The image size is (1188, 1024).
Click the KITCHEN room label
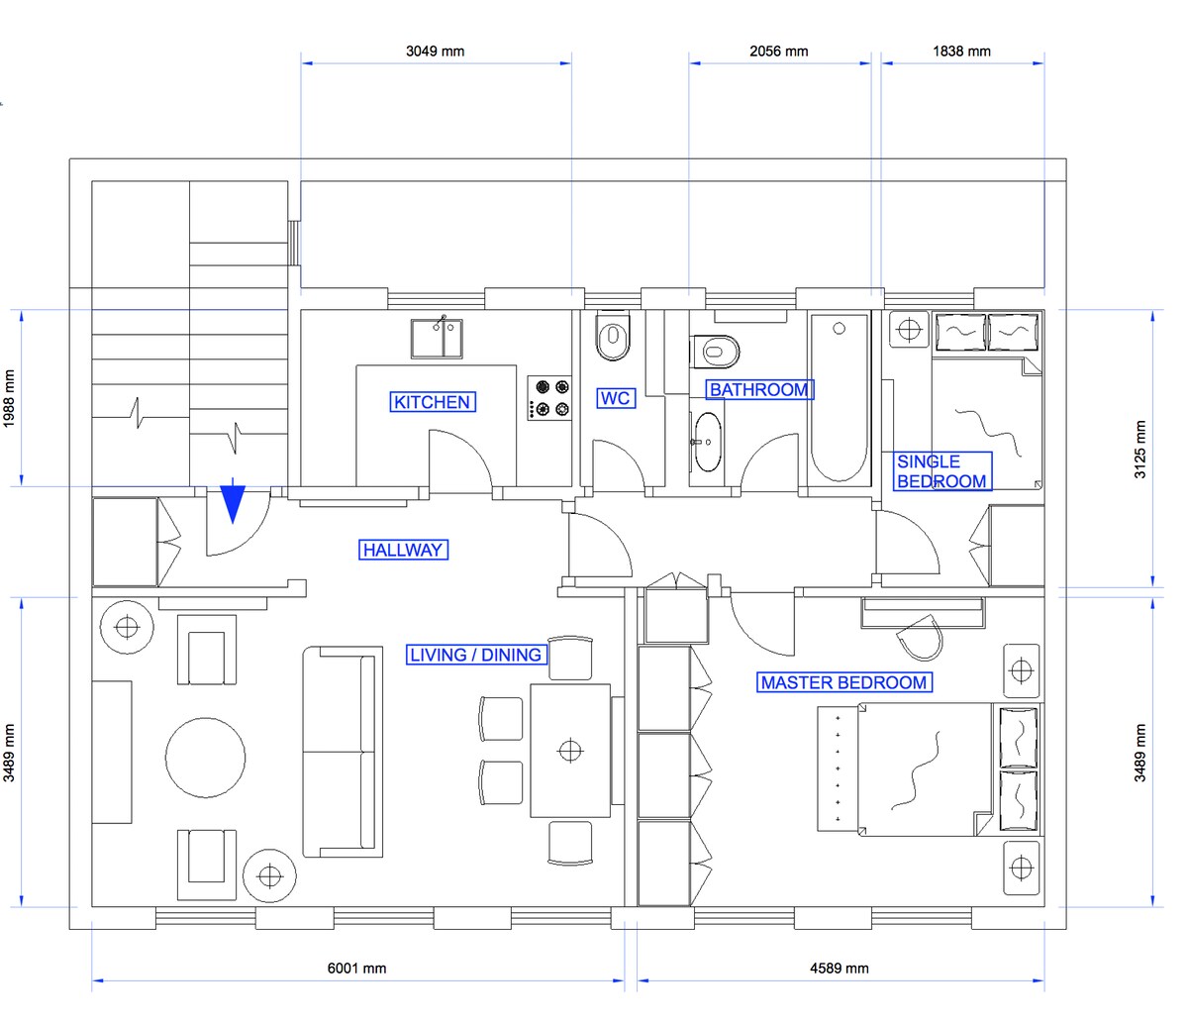(x=433, y=402)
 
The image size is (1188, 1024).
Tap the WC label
(x=616, y=398)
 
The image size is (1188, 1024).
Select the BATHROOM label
(x=759, y=389)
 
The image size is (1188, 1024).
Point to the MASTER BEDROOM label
(x=843, y=682)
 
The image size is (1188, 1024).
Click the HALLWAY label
(x=403, y=551)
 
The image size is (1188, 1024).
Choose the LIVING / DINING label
(x=476, y=655)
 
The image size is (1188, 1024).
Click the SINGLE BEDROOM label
(x=942, y=471)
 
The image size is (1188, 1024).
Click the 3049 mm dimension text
(x=435, y=51)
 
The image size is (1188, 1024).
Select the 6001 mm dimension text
(x=357, y=969)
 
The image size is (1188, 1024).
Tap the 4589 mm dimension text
(x=840, y=969)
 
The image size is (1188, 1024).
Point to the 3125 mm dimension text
(x=1140, y=450)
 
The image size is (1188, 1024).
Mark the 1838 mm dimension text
(x=961, y=51)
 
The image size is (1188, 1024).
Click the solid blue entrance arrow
(x=233, y=501)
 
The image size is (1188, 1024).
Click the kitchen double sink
(x=437, y=338)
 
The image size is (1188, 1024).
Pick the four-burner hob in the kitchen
(x=549, y=398)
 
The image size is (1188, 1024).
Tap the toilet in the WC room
(x=613, y=335)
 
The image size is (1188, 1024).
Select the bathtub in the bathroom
(x=840, y=398)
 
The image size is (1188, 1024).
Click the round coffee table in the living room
(x=205, y=758)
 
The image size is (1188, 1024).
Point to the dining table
(x=570, y=751)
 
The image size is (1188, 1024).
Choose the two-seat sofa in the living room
(x=343, y=752)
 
